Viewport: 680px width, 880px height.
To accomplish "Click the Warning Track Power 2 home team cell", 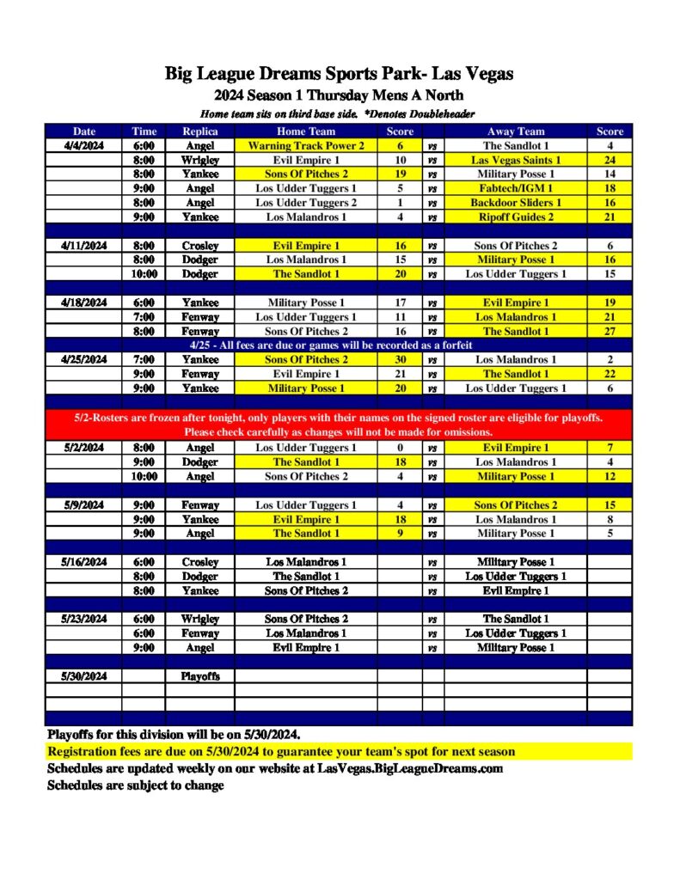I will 305,146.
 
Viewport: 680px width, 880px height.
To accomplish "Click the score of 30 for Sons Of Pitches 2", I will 400,359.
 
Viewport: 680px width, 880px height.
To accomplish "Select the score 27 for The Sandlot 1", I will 610,331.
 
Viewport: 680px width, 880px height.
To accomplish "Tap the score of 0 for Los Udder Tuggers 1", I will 400,448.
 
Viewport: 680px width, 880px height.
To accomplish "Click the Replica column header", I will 199,131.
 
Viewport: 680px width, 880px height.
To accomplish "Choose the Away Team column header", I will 516,131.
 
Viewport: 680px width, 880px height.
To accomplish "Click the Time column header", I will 144,131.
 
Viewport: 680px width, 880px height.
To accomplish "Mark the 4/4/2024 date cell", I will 83,146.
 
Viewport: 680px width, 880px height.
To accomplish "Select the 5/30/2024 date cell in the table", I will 83,676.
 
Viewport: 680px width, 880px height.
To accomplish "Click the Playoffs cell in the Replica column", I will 199,676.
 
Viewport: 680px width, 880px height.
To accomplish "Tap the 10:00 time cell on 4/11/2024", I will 144,274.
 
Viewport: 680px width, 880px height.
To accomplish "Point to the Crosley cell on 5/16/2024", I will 199,562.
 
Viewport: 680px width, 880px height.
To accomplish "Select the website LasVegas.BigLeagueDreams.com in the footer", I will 409,768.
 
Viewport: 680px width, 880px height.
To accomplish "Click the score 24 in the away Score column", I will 610,160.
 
